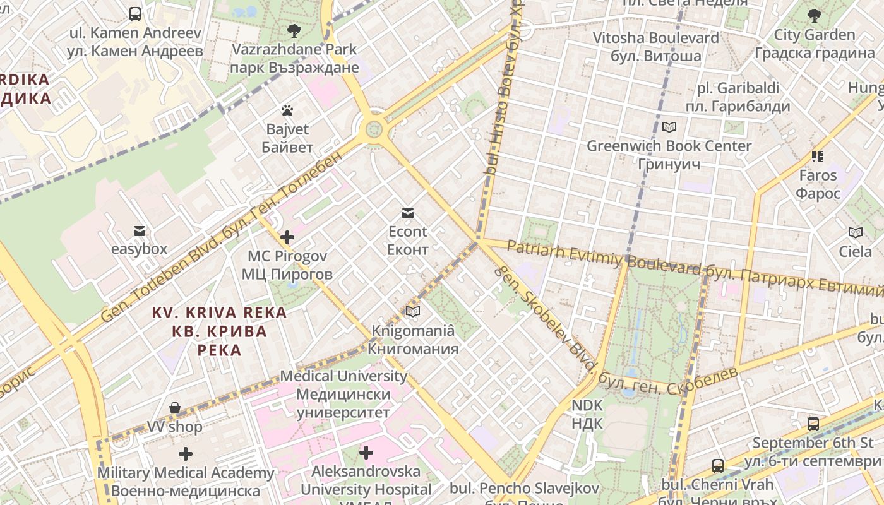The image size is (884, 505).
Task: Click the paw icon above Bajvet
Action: coord(288,111)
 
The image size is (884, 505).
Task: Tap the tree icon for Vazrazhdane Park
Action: coord(294,30)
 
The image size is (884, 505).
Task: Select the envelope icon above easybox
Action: coord(139,231)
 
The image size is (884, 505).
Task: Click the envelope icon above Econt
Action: coord(407,213)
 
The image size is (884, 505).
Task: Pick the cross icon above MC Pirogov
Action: coord(287,237)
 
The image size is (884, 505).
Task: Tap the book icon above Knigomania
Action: coord(413,312)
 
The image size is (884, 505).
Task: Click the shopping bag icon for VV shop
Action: coord(175,408)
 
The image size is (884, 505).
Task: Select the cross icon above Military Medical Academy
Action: coord(186,454)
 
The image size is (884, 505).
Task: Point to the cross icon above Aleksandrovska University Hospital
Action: coord(366,453)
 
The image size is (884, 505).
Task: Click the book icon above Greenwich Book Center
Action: coord(669,128)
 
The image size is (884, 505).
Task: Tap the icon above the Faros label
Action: coord(818,156)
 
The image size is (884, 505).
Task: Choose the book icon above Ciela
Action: coord(856,233)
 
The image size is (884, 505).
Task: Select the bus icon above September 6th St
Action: coord(813,424)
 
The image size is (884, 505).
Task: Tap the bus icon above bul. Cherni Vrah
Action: coord(718,466)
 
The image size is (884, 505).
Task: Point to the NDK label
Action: coord(587,414)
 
